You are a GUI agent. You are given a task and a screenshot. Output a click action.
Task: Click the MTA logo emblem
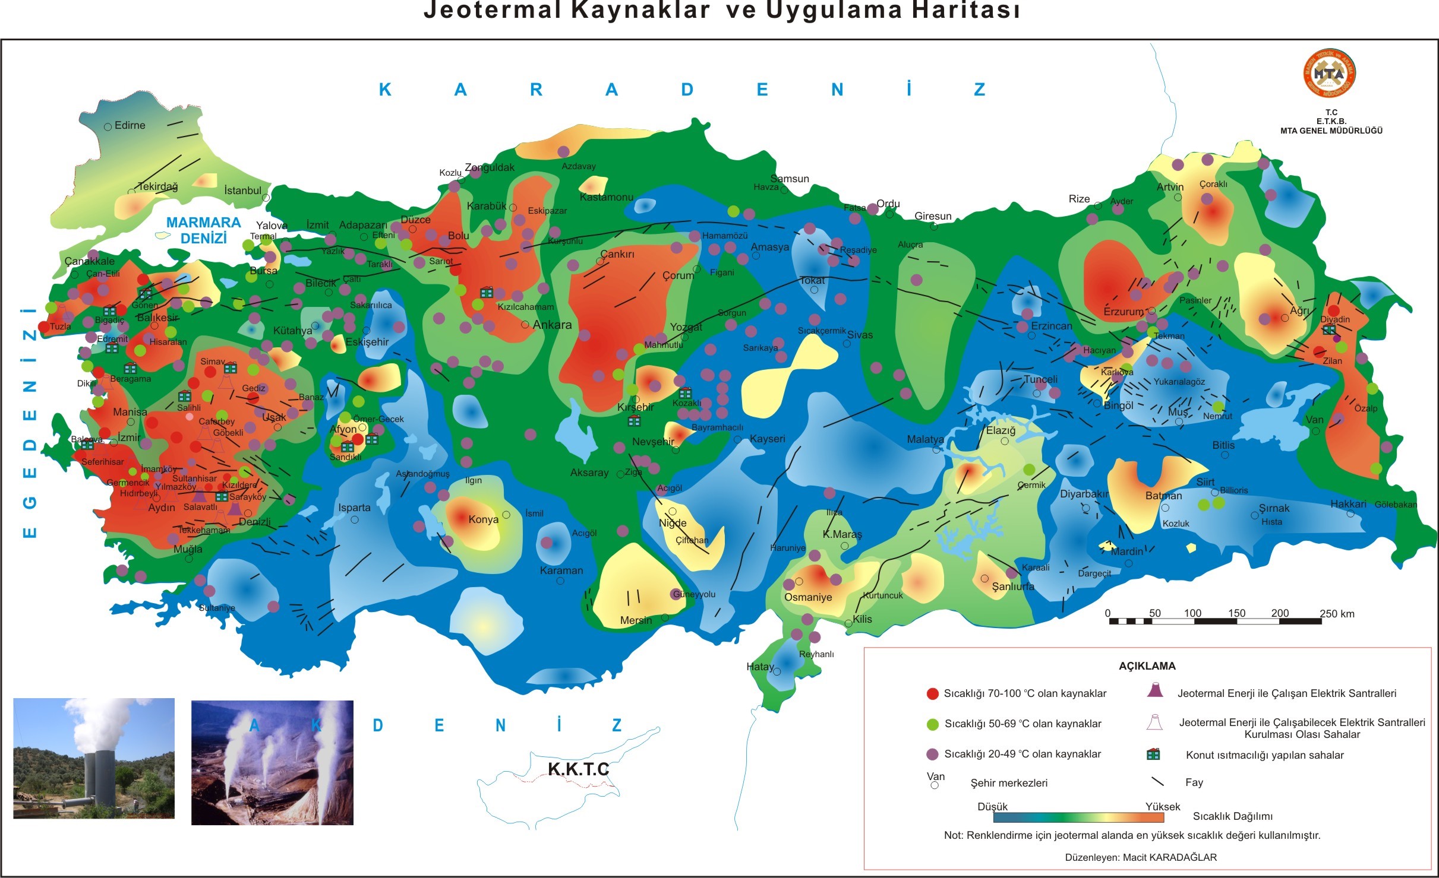1329,74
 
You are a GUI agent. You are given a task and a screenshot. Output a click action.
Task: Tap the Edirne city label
130,125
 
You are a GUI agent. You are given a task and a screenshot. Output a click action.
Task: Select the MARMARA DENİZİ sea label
203,230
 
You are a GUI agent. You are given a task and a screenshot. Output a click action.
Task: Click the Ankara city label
552,325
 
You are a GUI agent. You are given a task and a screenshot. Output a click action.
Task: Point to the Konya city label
483,519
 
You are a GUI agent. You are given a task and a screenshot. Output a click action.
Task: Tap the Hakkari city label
1348,504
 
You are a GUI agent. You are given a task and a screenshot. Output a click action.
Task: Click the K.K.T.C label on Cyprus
578,769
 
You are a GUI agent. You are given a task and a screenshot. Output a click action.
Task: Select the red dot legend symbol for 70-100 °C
932,693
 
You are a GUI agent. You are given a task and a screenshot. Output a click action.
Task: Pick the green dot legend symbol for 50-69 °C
932,724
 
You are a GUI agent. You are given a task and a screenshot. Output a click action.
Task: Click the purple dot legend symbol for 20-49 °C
932,755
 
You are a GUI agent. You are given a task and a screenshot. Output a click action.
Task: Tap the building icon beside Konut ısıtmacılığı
1153,755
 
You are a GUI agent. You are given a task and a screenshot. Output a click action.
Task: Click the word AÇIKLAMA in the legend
1147,666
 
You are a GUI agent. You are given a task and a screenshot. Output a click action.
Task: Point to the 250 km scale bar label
1337,614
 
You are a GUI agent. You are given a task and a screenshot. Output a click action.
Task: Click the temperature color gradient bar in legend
1078,817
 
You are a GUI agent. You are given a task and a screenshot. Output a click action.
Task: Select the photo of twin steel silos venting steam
94,758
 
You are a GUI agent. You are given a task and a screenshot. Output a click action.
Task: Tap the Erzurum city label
1123,312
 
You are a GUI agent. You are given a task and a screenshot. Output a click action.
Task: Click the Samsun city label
790,179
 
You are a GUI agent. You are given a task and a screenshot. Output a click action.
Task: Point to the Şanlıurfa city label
1013,587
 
